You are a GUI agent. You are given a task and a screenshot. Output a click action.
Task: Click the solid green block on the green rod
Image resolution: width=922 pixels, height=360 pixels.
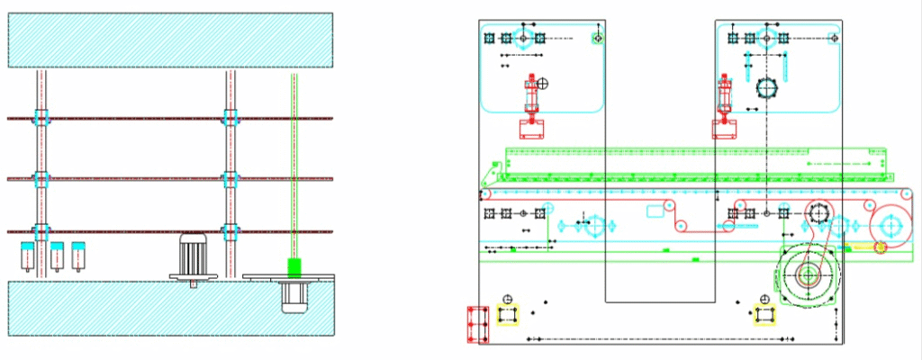(293, 266)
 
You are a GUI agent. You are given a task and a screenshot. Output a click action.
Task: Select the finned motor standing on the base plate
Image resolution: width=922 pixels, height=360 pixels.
(194, 256)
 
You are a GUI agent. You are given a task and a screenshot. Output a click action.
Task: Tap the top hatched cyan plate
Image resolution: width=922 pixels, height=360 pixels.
(170, 40)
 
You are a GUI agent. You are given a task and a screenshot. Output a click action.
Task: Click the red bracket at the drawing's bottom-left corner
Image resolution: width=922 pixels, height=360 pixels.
(477, 324)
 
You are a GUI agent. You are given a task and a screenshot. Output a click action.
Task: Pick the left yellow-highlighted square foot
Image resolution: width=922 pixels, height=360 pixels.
(509, 314)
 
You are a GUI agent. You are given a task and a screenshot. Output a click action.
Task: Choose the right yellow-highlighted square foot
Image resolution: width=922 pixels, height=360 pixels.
(765, 314)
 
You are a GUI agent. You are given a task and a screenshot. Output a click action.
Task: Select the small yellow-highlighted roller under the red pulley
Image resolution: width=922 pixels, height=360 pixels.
(881, 247)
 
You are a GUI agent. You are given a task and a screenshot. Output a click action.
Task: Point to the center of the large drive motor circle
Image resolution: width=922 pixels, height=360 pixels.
(807, 274)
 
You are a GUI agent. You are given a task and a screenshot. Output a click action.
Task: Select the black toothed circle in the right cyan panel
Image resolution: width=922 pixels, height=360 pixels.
(766, 88)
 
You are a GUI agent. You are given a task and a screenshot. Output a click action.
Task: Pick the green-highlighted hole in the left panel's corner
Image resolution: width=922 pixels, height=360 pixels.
(596, 38)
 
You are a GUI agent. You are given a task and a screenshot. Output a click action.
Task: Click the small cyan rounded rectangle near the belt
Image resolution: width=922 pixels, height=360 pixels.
(655, 212)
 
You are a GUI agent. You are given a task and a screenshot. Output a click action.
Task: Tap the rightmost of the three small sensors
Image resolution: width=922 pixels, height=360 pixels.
(78, 255)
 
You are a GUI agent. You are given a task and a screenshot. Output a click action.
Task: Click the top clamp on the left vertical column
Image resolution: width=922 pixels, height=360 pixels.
(41, 118)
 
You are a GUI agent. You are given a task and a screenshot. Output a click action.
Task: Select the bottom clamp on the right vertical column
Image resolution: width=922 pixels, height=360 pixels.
(231, 231)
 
